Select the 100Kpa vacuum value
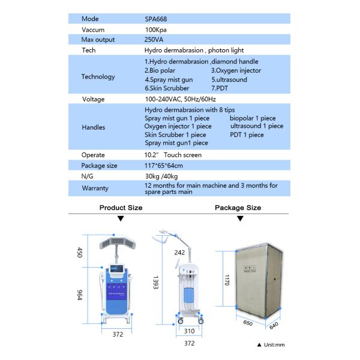click(155, 29)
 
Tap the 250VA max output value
click(155, 40)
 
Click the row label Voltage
click(93, 98)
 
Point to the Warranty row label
click(95, 188)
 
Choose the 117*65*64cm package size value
click(164, 166)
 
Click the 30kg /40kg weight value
click(161, 176)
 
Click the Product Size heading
click(121, 208)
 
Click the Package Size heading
click(238, 208)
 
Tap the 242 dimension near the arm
click(179, 253)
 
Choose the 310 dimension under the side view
click(190, 331)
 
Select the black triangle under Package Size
click(239, 219)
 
